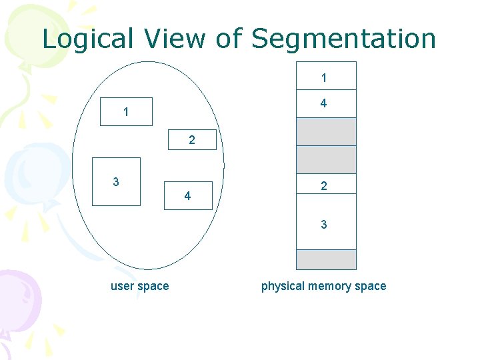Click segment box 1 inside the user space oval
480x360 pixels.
[x=126, y=112]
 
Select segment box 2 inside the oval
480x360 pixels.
[x=192, y=140]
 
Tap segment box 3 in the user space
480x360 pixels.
[x=116, y=181]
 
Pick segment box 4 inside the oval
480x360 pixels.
[x=187, y=196]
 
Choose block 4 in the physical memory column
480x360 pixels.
[x=325, y=103]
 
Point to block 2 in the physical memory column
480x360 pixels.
[x=325, y=187]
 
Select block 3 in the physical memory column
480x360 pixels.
[x=325, y=225]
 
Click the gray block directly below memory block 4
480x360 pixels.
[x=325, y=131]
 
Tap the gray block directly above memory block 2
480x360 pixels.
[x=325, y=159]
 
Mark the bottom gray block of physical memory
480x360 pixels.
[x=325, y=259]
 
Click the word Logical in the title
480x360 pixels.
[x=79, y=39]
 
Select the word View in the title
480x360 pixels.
[x=166, y=39]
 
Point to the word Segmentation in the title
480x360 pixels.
[x=343, y=39]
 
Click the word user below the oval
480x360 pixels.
[x=123, y=286]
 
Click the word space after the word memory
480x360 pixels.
[x=371, y=286]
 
